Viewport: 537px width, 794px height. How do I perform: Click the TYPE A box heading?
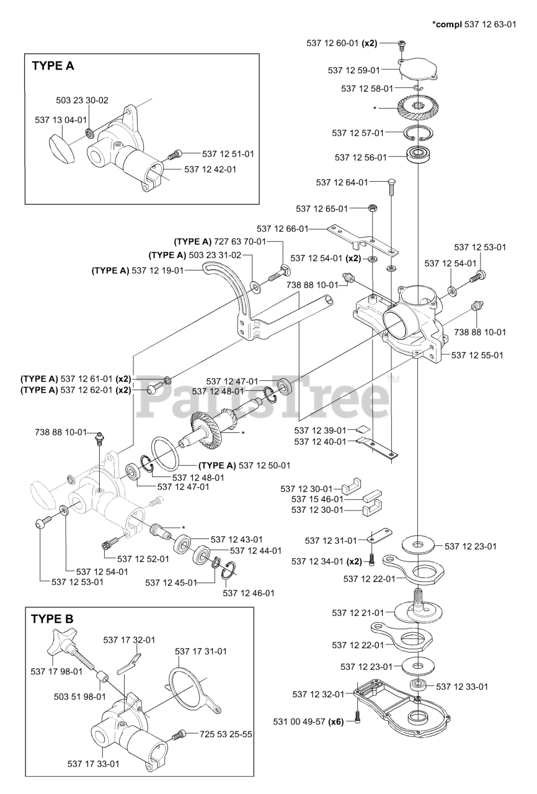tap(53, 66)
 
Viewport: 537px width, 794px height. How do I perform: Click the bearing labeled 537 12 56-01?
tap(420, 157)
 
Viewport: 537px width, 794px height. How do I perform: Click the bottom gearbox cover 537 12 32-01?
tap(403, 707)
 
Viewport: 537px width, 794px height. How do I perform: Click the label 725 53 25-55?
tap(226, 734)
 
